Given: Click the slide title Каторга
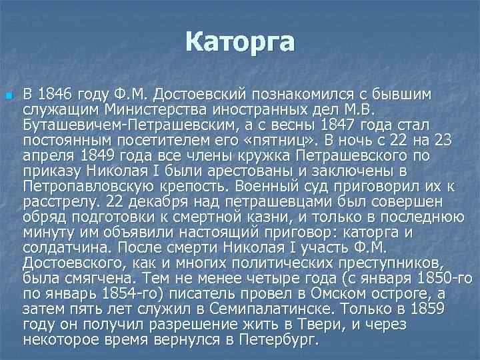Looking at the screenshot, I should click(x=240, y=42).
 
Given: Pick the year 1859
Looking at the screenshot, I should click(x=426, y=309).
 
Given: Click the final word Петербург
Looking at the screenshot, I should click(x=283, y=339).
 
